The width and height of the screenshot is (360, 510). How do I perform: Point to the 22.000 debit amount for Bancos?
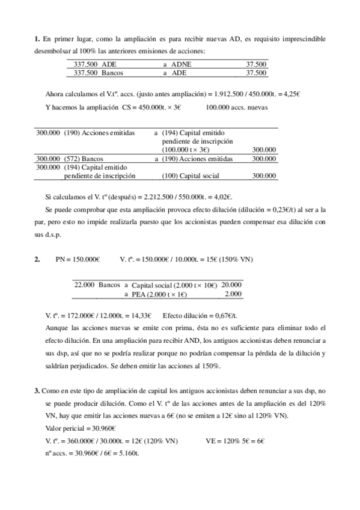[x=85, y=284]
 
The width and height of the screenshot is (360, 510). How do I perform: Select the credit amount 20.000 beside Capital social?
[x=232, y=284]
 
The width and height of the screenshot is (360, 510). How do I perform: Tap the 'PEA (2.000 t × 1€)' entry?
[x=159, y=294]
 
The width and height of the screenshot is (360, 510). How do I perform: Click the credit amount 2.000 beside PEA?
[x=233, y=294]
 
